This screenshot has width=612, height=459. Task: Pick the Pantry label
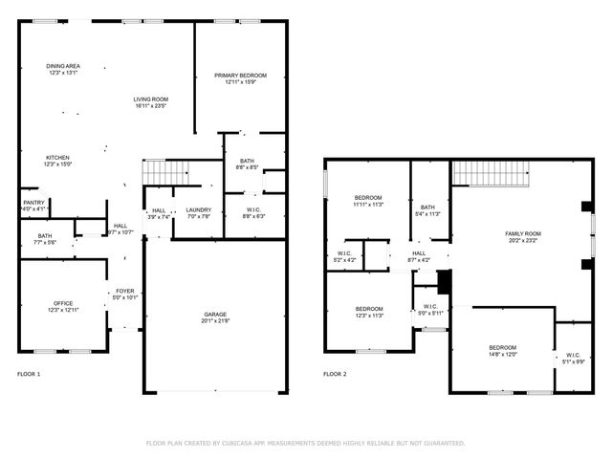(x=33, y=205)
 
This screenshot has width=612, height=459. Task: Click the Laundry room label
(x=199, y=213)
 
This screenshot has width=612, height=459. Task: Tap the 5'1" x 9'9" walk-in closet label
(x=573, y=357)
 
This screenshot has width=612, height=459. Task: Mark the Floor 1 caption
(x=29, y=374)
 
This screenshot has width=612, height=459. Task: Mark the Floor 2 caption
(x=335, y=374)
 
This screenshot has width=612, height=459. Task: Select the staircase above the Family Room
(x=491, y=173)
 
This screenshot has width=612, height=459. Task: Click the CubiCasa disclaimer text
(x=305, y=443)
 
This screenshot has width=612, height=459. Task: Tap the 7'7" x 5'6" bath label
(x=46, y=239)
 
